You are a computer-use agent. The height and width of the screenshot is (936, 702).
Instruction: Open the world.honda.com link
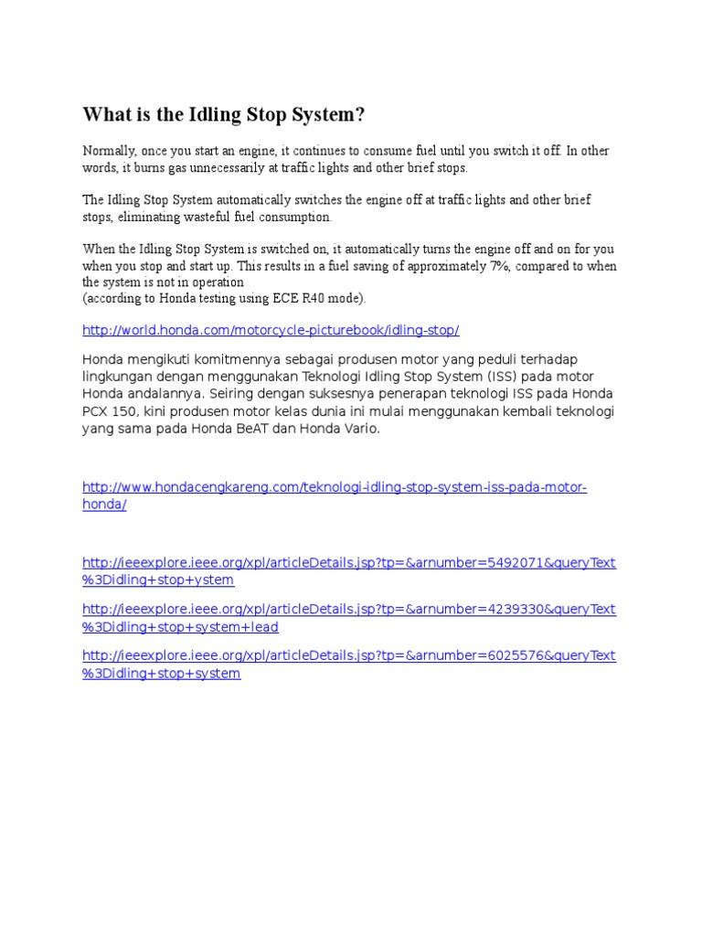tap(271, 330)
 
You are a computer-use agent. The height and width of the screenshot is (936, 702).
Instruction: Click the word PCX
tap(97, 411)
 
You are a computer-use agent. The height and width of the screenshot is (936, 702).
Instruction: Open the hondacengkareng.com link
tap(335, 488)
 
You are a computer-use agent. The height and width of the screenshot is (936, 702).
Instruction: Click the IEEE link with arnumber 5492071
tap(349, 563)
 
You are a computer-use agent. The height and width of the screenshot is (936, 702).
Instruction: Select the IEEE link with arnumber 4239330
tap(349, 610)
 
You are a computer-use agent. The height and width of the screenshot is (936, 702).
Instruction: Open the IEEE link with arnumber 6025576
tap(349, 656)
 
